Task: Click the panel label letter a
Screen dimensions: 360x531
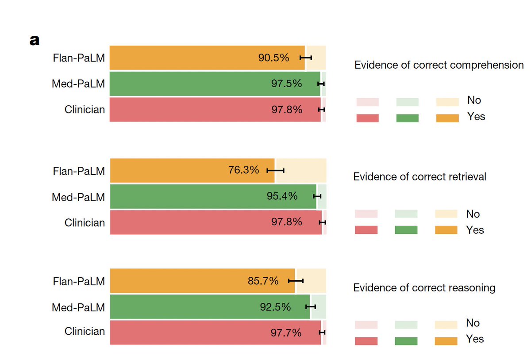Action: (x=35, y=41)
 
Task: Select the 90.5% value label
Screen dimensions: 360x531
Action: (x=273, y=58)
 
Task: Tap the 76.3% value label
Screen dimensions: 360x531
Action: (x=243, y=170)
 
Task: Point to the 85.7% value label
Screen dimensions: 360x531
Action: (x=263, y=281)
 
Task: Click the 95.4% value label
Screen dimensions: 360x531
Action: (x=282, y=196)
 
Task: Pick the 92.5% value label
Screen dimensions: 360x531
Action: (x=275, y=306)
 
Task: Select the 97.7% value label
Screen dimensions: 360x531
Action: (x=286, y=332)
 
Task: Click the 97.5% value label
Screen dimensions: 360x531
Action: (x=286, y=83)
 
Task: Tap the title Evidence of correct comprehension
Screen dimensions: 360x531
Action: (x=439, y=65)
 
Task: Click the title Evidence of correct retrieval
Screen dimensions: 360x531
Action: (x=419, y=177)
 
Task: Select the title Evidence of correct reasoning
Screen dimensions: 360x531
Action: (x=424, y=288)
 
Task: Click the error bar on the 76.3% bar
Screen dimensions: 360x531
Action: (x=275, y=170)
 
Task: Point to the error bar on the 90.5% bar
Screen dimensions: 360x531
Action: (x=306, y=58)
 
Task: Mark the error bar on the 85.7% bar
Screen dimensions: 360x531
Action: (x=296, y=281)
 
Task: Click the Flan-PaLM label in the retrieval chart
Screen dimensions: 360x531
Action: (x=79, y=170)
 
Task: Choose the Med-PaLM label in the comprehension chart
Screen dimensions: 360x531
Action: (x=78, y=83)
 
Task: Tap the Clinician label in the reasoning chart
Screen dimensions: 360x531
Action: (x=85, y=331)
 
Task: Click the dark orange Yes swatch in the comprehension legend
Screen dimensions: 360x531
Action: (x=447, y=118)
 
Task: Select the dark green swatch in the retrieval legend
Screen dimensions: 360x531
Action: (x=406, y=230)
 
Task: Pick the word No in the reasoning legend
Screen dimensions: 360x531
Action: (x=473, y=323)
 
